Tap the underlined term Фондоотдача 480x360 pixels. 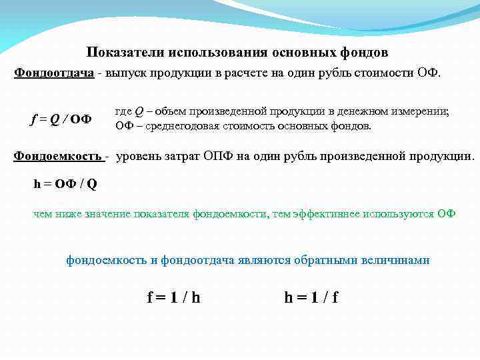54,72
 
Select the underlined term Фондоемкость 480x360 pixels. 58,157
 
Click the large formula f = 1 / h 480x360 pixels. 173,297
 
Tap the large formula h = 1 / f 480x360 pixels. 311,297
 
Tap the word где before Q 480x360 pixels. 123,111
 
